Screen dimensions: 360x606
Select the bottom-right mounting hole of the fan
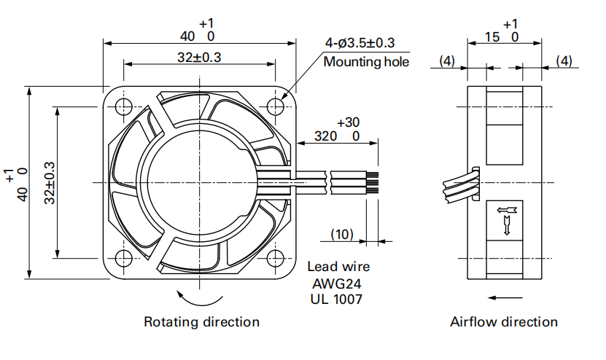(x=275, y=258)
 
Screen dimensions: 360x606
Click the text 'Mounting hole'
(x=366, y=62)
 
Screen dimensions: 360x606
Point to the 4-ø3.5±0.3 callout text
(x=360, y=44)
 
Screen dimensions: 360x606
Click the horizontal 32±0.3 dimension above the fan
(x=198, y=58)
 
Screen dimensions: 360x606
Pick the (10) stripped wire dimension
(x=342, y=234)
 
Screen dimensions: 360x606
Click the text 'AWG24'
(x=338, y=283)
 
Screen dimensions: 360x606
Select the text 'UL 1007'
(x=336, y=298)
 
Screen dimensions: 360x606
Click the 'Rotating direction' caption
(x=201, y=321)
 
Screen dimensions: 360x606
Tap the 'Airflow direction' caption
(x=504, y=321)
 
